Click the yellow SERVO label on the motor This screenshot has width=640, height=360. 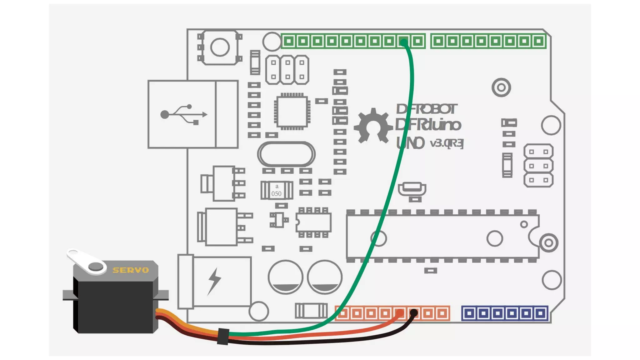(131, 270)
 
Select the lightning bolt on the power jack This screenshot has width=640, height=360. (214, 281)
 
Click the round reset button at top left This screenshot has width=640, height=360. (220, 47)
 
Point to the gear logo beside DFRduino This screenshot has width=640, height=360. (373, 126)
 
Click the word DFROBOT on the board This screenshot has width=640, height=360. (426, 109)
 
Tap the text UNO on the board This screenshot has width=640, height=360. (410, 143)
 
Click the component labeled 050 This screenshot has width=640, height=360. (277, 190)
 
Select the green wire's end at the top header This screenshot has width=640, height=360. (404, 42)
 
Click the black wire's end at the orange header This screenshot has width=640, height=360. (414, 312)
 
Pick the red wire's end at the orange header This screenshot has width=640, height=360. (400, 313)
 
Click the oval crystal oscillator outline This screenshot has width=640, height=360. (286, 154)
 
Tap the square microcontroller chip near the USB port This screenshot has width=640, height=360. (292, 112)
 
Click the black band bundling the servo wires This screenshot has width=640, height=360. (223, 337)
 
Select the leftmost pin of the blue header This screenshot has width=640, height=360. (469, 313)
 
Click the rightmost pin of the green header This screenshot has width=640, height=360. (538, 41)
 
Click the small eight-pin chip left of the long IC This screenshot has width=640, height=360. (313, 223)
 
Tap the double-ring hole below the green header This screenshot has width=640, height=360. (501, 87)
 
